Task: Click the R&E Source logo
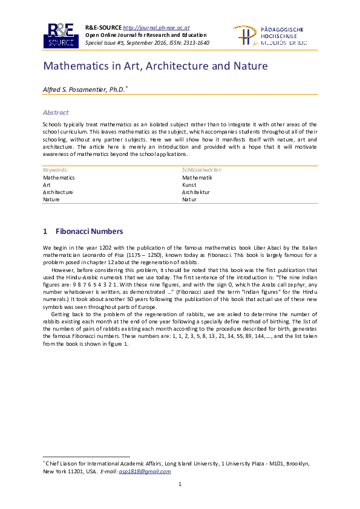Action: point(61,36)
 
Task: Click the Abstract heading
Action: point(56,112)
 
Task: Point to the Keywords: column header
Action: point(55,170)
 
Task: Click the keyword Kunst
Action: point(189,185)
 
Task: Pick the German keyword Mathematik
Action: point(197,178)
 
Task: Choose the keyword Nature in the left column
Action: point(51,199)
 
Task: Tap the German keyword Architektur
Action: point(197,192)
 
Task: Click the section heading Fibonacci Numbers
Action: point(89,232)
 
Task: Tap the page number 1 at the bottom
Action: point(180,485)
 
